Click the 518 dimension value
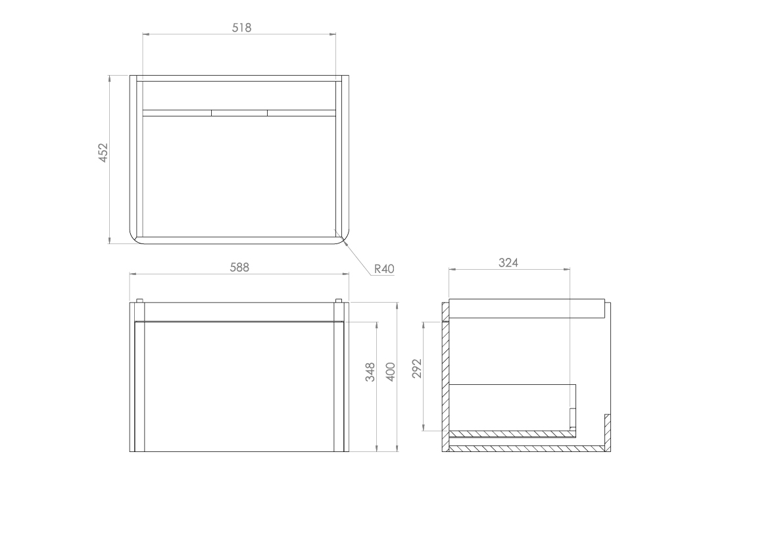[x=241, y=28]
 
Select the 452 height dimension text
[x=103, y=152]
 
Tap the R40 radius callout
[x=383, y=268]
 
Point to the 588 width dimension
[x=239, y=267]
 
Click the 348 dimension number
[x=370, y=372]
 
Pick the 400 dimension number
[x=391, y=372]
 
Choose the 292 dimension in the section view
[x=417, y=369]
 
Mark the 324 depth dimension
[x=508, y=263]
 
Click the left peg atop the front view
[x=139, y=301]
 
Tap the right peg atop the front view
[x=339, y=301]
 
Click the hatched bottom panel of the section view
[x=526, y=449]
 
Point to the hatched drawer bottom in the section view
[x=510, y=434]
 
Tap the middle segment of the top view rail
[x=239, y=113]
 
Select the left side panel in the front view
[x=139, y=387]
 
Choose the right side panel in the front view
[x=339, y=387]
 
